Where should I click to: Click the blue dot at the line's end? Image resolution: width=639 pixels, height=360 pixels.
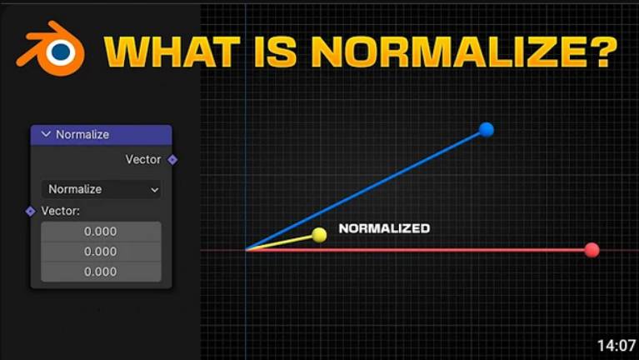pos(487,129)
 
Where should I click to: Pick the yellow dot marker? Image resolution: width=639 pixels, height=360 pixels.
pos(319,235)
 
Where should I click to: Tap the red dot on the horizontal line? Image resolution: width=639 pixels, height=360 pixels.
pos(592,249)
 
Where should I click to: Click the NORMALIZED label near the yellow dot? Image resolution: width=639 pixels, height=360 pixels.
pos(384,228)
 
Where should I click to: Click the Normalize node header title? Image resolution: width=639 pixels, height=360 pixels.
pos(82,134)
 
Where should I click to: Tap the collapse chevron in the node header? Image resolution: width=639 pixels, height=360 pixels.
pos(46,134)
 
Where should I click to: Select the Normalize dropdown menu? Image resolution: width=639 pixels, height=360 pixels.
pos(101,189)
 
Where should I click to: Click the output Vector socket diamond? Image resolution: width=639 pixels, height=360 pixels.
pos(172,159)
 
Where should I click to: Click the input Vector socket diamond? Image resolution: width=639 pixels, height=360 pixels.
pos(31,211)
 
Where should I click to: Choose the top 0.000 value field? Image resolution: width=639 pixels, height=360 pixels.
pos(101,232)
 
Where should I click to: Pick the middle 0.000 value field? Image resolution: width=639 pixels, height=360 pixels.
pos(101,252)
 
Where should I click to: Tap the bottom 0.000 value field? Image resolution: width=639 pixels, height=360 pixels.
pos(101,272)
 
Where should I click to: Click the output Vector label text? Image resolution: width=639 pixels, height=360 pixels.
pos(143,159)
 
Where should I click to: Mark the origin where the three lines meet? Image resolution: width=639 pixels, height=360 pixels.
pos(247,249)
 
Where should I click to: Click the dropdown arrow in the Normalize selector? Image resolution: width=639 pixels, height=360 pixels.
pos(154,190)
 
